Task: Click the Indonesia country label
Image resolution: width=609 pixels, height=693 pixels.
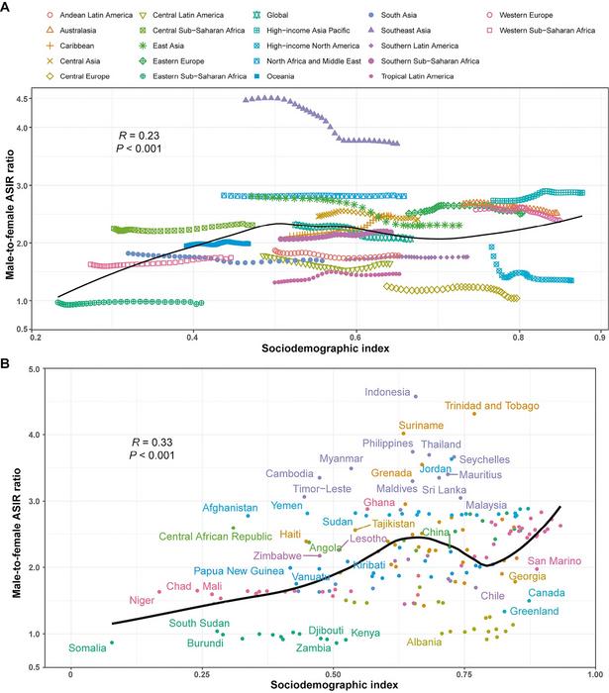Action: pyautogui.click(x=388, y=392)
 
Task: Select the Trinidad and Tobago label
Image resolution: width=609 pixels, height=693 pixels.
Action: pyautogui.click(x=491, y=406)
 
